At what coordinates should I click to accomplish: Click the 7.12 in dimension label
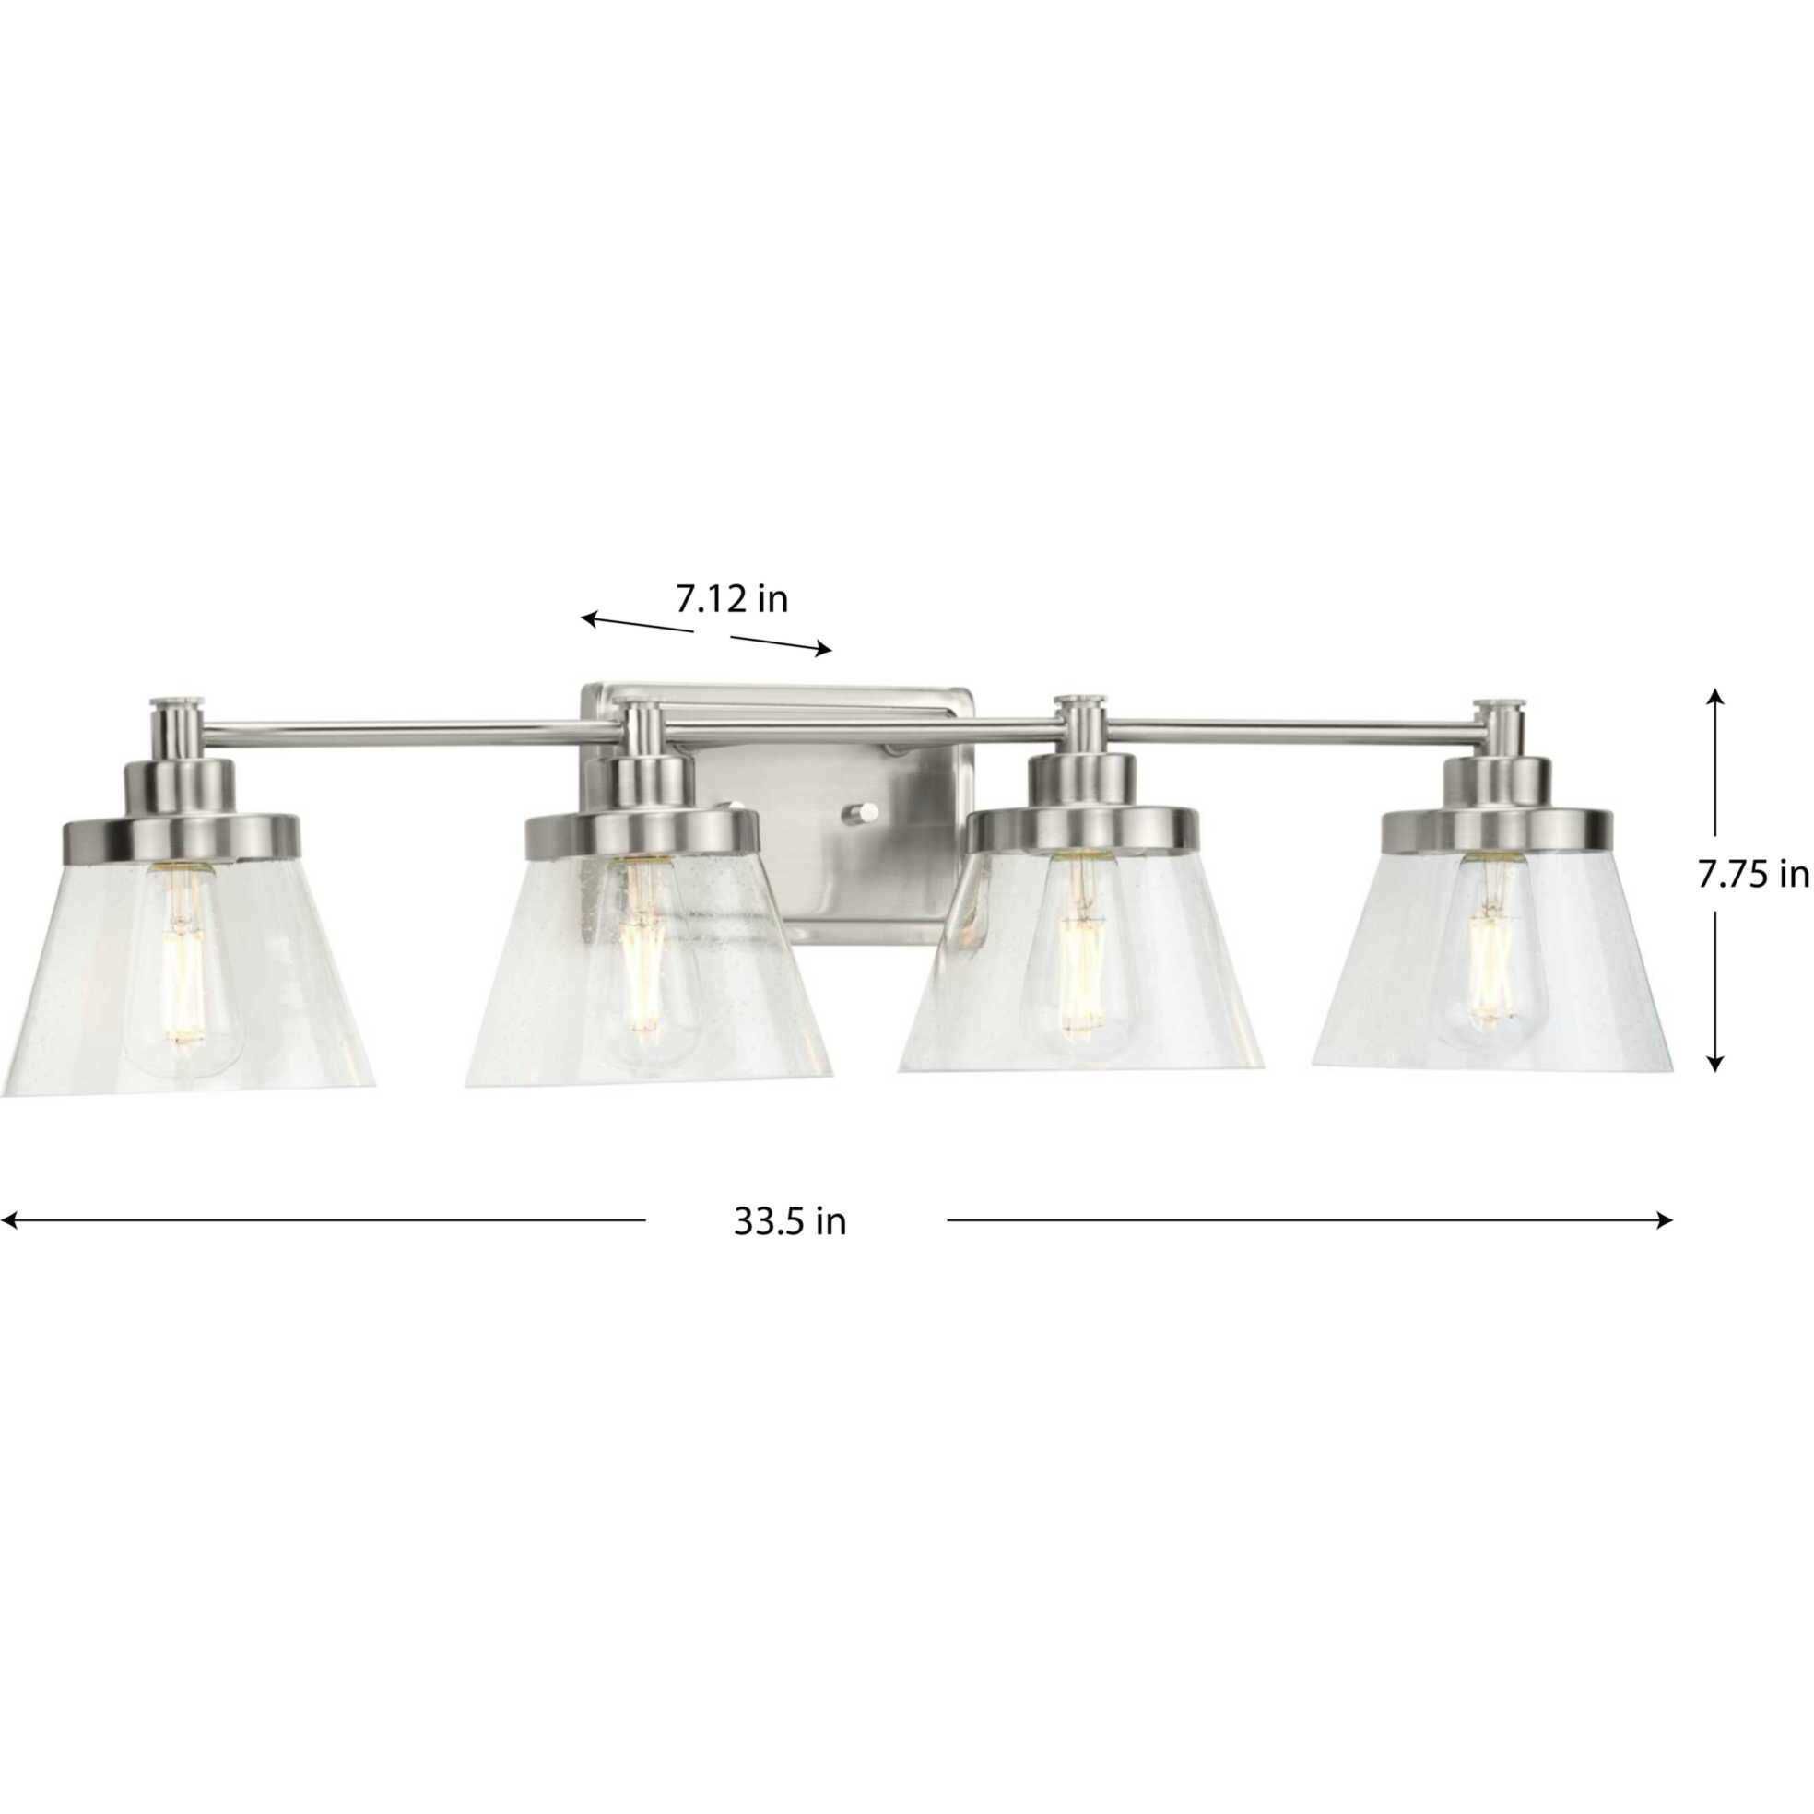tap(732, 599)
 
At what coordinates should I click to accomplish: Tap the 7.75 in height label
tap(1752, 875)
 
